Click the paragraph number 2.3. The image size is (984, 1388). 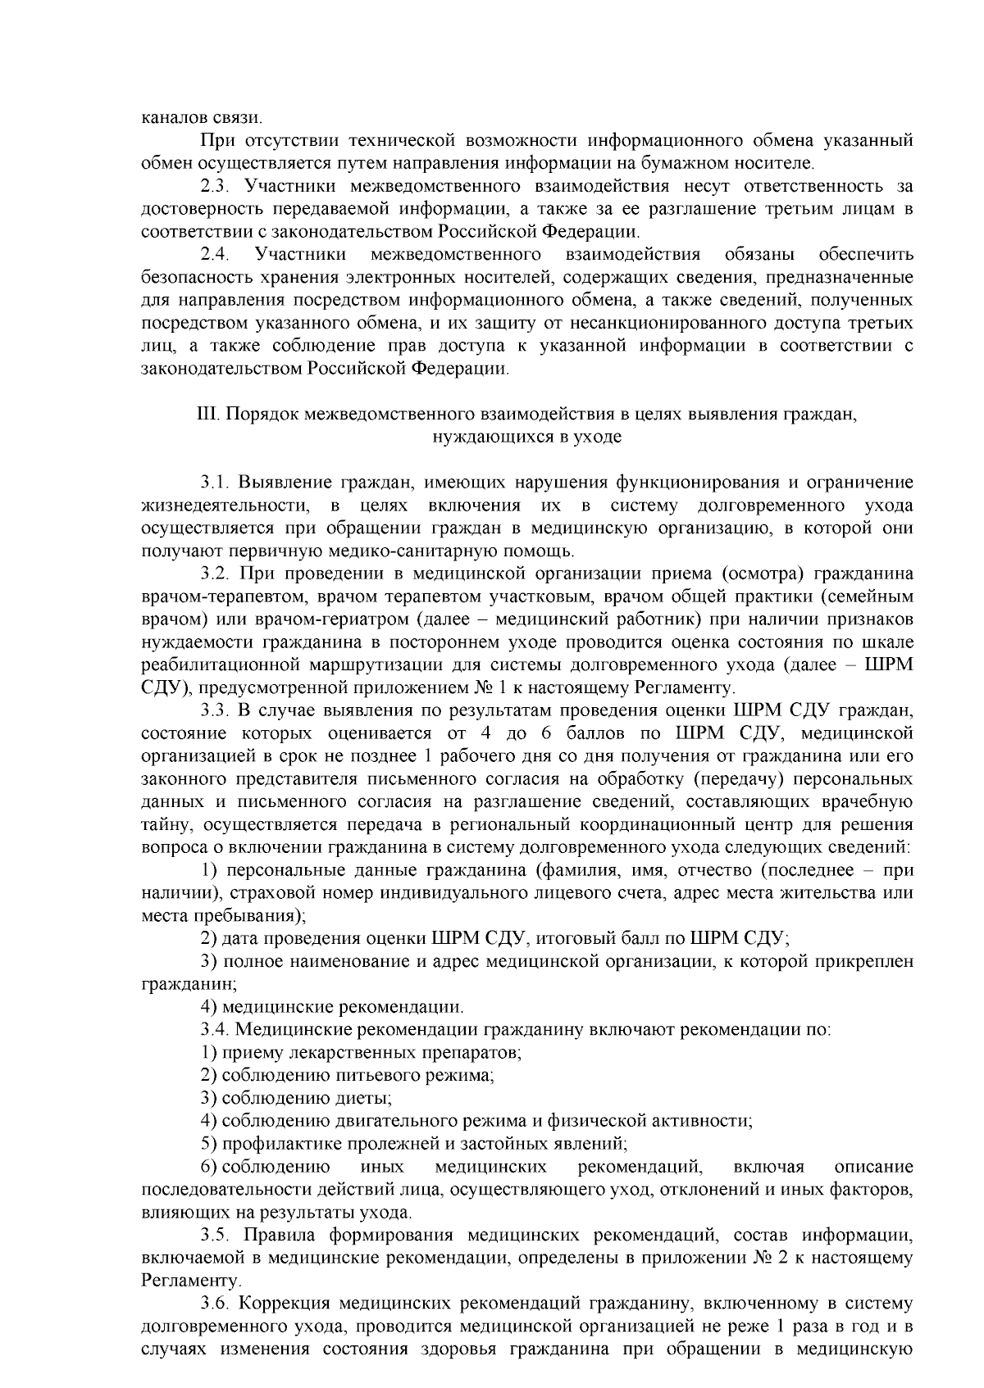coord(216,187)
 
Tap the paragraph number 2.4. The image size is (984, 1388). coord(216,254)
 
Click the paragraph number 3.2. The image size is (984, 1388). coord(216,573)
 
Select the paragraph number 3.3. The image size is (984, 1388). coord(216,710)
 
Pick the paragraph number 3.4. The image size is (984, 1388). coord(216,1028)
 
